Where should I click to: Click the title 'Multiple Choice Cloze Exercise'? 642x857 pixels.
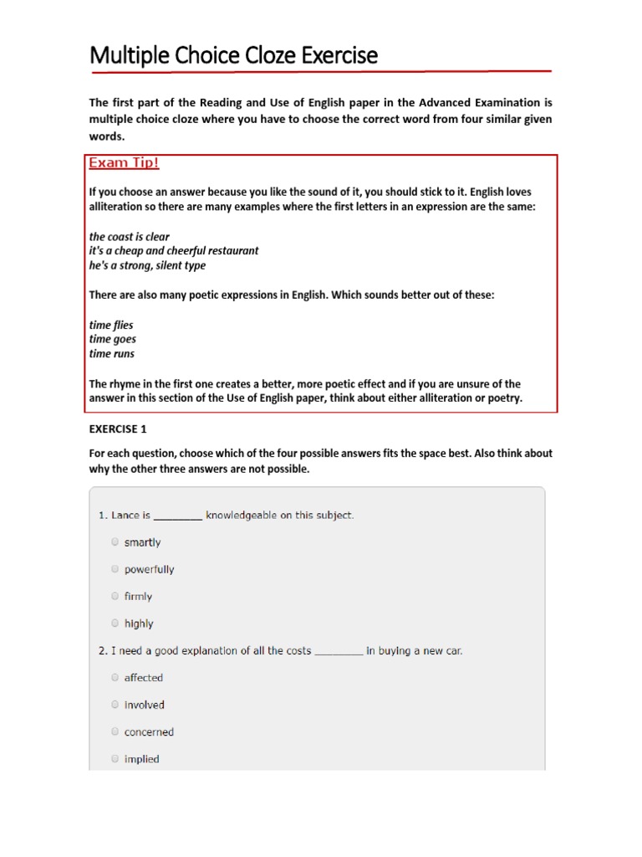pos(233,56)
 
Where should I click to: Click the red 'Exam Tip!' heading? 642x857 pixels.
pos(124,163)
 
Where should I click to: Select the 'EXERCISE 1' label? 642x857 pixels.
pos(118,429)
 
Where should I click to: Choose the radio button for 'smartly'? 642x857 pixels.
pos(115,541)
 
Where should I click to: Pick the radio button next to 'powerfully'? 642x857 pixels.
pos(115,569)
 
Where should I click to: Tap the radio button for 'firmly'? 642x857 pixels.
pos(115,596)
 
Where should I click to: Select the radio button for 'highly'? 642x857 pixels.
pos(115,623)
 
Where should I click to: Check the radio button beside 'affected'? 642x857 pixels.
pos(115,677)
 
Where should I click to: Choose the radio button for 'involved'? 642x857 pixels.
pos(115,705)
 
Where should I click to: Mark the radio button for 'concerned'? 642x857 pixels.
pos(115,731)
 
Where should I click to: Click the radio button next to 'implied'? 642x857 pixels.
pos(115,759)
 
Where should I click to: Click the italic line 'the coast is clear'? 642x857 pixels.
pos(130,237)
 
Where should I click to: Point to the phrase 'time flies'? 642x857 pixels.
pos(111,325)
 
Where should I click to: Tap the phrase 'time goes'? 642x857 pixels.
pos(113,339)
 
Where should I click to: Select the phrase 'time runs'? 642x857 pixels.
pos(112,354)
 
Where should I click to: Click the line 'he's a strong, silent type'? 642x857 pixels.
pos(147,265)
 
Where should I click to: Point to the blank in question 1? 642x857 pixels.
pos(178,516)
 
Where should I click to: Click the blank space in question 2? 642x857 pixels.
pos(339,651)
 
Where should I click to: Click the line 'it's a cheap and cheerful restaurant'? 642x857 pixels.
pos(174,251)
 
